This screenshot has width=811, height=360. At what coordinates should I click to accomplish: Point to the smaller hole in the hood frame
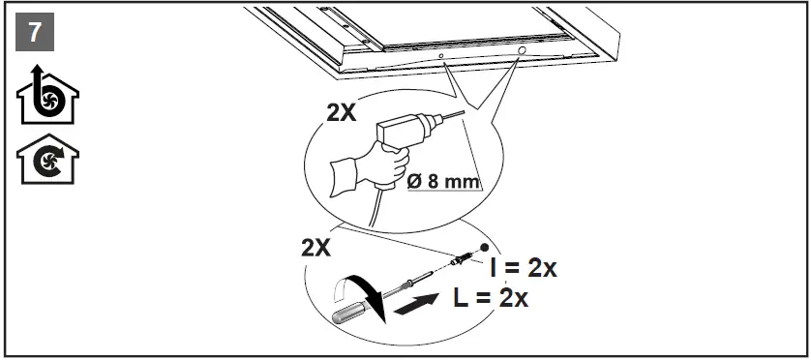[441, 57]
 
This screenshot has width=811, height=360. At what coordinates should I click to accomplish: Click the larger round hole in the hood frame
[522, 48]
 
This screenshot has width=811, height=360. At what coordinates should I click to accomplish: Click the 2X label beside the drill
[340, 112]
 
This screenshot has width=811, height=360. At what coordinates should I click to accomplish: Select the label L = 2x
[490, 297]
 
